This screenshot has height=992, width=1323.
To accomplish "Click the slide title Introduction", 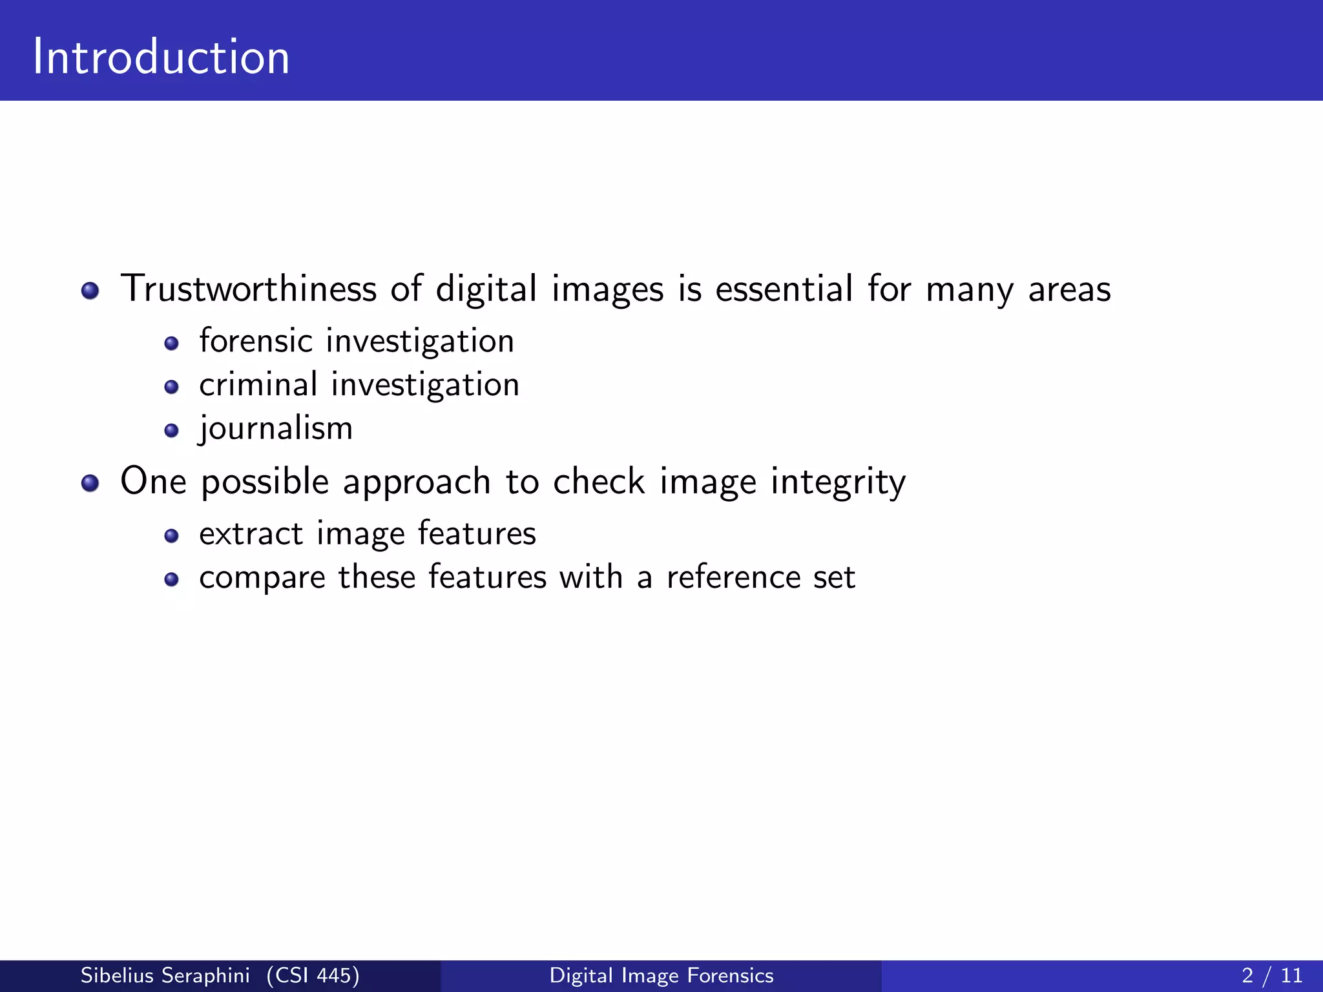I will click(161, 57).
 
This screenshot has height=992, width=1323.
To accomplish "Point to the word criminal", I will click(258, 384).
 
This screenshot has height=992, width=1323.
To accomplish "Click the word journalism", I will click(276, 428).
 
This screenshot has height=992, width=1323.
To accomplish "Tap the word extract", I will click(251, 534).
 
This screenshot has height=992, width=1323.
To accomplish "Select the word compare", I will click(262, 578).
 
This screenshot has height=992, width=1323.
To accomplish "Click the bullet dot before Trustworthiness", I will click(90, 291).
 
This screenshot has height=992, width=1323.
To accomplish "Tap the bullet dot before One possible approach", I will click(90, 483).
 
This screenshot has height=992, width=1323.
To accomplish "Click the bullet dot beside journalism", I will click(171, 431).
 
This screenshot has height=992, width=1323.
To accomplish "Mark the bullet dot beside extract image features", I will click(171, 536).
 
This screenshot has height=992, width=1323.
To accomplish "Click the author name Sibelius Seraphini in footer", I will click(165, 975).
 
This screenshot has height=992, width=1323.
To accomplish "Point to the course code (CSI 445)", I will click(313, 975).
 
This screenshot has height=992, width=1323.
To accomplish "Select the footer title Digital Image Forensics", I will click(661, 975).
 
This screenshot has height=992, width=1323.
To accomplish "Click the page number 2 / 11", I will click(1272, 975).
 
